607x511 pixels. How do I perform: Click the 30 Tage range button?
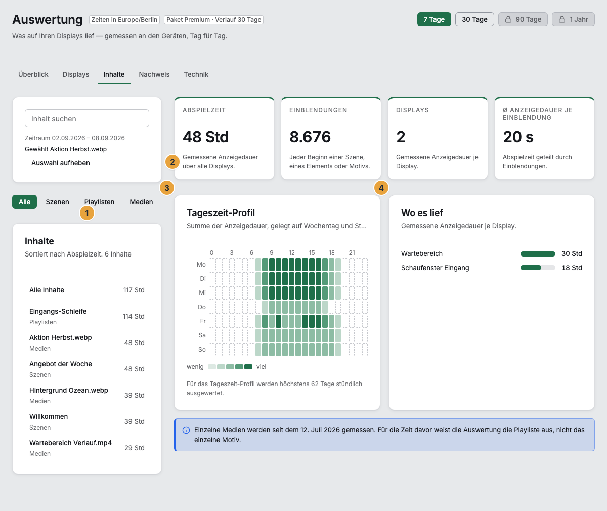(474, 19)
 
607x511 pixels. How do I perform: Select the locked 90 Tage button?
(523, 19)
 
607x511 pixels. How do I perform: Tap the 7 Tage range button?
(434, 19)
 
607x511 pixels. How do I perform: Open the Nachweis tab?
(154, 74)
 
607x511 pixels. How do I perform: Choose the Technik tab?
(196, 74)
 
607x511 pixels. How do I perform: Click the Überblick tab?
(33, 74)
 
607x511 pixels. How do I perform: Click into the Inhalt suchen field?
(87, 118)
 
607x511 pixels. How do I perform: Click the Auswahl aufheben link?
(61, 163)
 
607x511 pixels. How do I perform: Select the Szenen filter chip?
(57, 202)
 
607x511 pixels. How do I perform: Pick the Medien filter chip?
(141, 202)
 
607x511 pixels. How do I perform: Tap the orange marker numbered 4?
(381, 188)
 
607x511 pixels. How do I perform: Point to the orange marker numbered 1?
(86, 213)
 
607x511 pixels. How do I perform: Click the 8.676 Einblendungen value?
(310, 137)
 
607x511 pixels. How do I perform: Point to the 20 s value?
(518, 137)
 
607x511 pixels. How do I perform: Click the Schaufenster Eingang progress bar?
(538, 268)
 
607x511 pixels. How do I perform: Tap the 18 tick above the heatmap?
(332, 253)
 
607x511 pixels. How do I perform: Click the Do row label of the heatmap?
(201, 307)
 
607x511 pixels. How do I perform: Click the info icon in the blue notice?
(186, 430)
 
